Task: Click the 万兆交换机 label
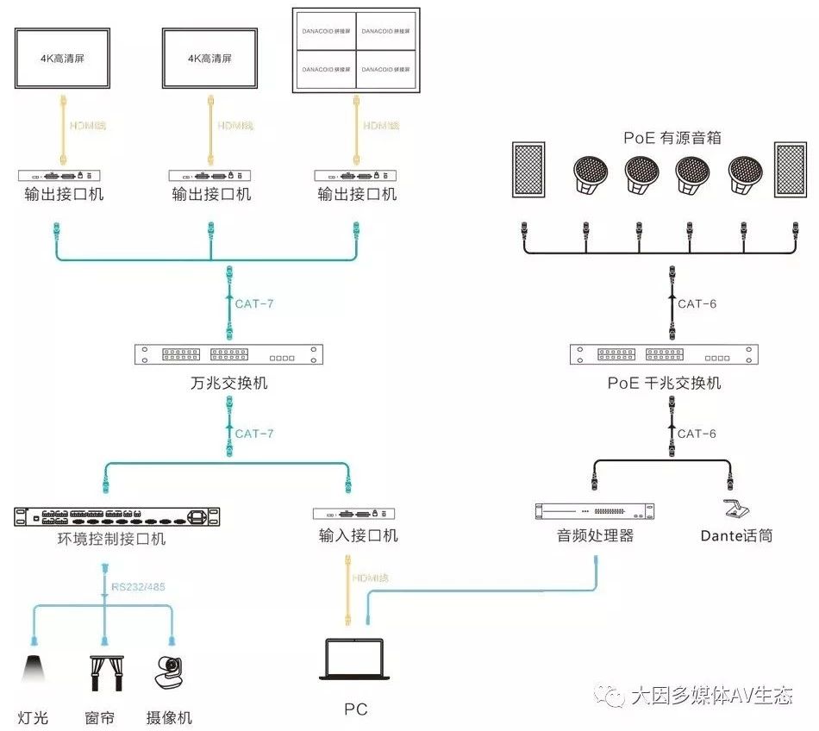229,382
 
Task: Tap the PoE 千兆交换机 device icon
664,355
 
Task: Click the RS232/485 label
139,588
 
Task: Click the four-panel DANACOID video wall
356,51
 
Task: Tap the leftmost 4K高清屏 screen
64,59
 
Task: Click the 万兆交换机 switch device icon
229,355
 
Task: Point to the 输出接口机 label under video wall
357,194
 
